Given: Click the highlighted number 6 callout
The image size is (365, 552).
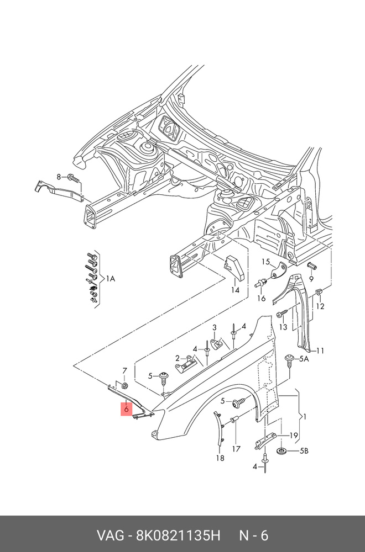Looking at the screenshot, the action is coord(126,409).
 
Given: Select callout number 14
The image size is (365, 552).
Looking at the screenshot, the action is coord(235,290).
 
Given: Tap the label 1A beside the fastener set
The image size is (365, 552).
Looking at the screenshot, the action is coord(111,279).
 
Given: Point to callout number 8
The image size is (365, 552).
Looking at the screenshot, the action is coord(59,177).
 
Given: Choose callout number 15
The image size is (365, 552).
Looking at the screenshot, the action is coord(265,262).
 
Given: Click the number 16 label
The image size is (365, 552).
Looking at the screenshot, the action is coord(261,299).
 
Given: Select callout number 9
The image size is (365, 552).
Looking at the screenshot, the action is coord(311,279).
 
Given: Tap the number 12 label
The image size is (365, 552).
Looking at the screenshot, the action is coord(320,306).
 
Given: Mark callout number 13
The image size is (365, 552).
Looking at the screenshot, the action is coord(283,327).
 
